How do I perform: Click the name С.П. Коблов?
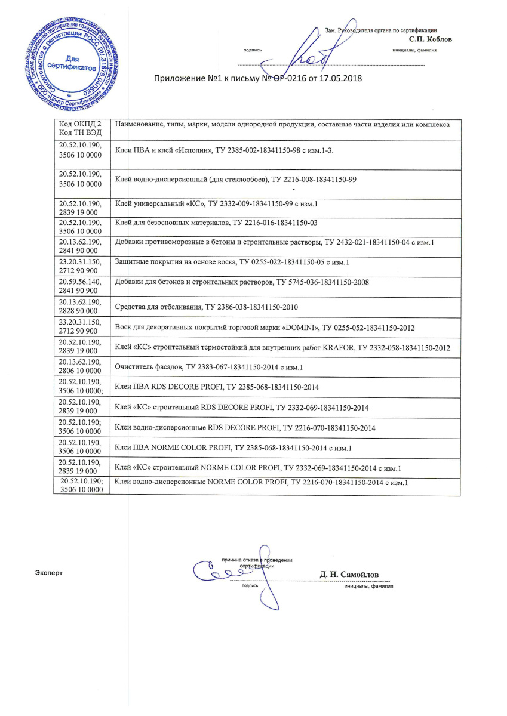click(427, 39)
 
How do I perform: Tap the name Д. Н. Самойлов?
click(349, 574)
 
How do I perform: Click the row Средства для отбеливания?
click(205, 308)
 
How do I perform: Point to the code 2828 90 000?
click(78, 312)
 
